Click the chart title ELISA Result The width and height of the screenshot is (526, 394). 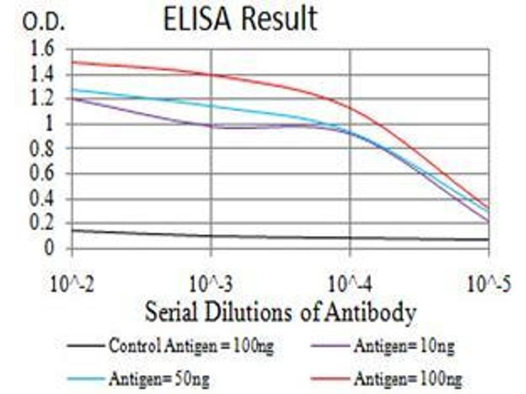pos(240,20)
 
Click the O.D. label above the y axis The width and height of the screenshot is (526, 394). pos(44,22)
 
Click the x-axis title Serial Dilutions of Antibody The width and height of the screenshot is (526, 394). pos(280,311)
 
